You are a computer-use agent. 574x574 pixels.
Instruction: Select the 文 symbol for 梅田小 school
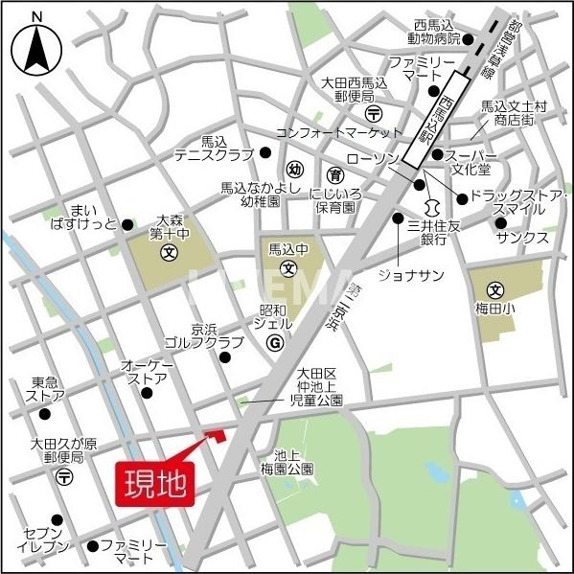tap(495, 290)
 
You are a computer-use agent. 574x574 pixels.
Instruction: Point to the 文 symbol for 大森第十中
tap(170, 254)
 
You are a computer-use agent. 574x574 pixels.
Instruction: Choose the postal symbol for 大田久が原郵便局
tap(64, 475)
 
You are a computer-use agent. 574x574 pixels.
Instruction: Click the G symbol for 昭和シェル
tap(274, 341)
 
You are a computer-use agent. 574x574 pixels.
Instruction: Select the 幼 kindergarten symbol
tap(295, 170)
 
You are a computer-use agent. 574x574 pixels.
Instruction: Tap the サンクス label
tap(522, 237)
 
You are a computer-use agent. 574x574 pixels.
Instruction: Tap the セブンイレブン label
tap(43, 540)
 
